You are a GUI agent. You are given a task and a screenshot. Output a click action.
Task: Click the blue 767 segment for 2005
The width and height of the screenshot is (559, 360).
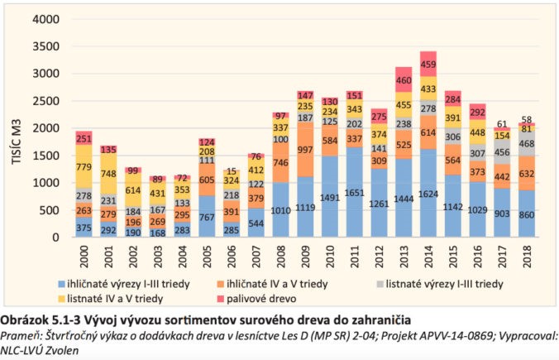tap(207, 217)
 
